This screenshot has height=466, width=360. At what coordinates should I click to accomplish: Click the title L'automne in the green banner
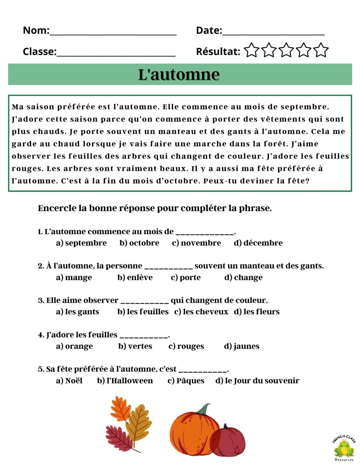tap(179, 75)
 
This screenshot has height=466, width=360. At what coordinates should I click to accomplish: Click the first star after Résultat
tap(251, 50)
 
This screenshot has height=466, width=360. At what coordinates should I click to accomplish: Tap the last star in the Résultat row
tap(321, 50)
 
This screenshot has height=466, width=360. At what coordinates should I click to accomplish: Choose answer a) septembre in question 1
tap(81, 243)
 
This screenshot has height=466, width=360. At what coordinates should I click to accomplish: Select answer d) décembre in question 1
tap(258, 243)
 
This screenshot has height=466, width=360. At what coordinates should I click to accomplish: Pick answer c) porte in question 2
tap(186, 278)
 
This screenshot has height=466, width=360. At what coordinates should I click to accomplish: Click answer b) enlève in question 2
tap(135, 278)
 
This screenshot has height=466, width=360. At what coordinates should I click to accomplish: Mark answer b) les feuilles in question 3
tap(143, 312)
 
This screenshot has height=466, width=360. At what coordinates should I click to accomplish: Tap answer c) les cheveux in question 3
tap(201, 312)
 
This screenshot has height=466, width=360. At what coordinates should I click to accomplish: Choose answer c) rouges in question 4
tap(186, 346)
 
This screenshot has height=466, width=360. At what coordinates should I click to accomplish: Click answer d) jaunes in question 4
tap(242, 346)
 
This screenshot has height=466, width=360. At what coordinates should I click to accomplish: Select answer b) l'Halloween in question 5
tap(125, 381)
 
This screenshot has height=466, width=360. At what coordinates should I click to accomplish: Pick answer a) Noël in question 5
tap(69, 381)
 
